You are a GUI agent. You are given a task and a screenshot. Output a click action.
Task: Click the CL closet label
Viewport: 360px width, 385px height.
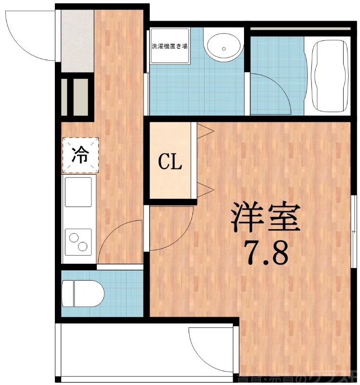(x=170, y=163)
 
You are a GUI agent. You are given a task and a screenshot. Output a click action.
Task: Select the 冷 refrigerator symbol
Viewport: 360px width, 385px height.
(x=80, y=154)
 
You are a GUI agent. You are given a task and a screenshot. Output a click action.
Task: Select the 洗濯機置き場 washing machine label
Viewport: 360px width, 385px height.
(x=169, y=47)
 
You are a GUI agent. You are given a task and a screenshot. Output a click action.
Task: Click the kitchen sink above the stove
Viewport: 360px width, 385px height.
(x=78, y=192)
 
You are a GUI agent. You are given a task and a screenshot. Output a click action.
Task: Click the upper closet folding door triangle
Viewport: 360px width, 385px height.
(x=204, y=130)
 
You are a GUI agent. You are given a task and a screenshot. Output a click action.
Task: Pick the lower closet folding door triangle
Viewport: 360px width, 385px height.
(x=204, y=189)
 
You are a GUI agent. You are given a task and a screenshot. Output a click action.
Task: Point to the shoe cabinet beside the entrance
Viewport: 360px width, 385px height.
(x=76, y=96)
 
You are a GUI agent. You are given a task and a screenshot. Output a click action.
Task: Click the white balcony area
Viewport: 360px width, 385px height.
(x=120, y=351)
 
